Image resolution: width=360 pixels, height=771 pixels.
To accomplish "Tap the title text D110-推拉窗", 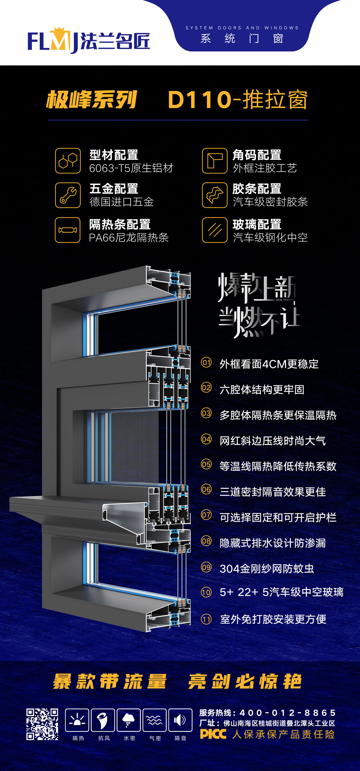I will (238, 100).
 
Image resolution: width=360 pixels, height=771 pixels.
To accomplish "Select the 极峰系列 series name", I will (92, 99).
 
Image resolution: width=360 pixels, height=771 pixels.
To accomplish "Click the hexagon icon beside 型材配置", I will (68, 160).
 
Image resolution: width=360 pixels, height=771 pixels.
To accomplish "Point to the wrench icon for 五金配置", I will (68, 195).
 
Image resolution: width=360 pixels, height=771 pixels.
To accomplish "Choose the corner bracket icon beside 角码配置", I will (215, 160).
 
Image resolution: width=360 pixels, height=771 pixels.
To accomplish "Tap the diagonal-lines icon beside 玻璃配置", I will (215, 230).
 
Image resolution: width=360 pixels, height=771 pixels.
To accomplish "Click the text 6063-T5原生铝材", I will (131, 168).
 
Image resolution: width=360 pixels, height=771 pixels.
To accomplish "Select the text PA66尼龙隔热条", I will (129, 237).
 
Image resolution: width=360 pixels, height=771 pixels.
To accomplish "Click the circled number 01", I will (206, 362).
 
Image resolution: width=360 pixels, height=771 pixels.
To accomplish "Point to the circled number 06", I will (206, 489).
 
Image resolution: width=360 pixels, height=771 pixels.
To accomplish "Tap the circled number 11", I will (206, 619).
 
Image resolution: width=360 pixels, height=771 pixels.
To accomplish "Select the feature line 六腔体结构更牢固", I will (262, 390).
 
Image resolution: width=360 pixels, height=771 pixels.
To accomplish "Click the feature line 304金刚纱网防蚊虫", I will (267, 568).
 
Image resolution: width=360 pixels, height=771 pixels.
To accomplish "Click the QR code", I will (42, 724).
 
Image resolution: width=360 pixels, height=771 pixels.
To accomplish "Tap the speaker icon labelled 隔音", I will (180, 720).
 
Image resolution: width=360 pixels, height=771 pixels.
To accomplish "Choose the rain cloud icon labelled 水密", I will (129, 720).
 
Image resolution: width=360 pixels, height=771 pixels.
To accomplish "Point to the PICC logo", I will (213, 734).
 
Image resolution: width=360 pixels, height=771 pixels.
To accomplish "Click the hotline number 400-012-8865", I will (288, 713).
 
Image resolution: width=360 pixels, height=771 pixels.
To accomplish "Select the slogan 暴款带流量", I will (110, 681).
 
